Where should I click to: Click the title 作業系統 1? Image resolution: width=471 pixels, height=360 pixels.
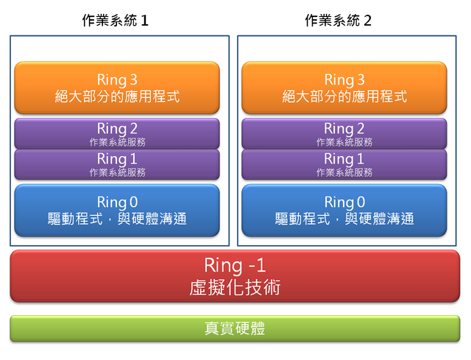coord(116,21)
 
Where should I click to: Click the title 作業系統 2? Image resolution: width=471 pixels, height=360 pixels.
coord(339,21)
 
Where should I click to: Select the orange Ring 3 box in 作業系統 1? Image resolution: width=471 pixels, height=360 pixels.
coord(117,88)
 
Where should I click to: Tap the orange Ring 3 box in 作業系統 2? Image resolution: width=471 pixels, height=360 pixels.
coord(344,88)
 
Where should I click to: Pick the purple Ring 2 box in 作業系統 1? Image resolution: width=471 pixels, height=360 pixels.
coord(117,134)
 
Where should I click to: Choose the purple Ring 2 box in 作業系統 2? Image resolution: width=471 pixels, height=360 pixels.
coord(344,134)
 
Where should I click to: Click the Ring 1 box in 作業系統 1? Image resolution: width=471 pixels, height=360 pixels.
coord(117,164)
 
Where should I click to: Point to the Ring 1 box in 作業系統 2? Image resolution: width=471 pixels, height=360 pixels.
coord(344,164)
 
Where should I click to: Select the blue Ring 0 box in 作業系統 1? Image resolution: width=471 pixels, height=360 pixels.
coord(117,211)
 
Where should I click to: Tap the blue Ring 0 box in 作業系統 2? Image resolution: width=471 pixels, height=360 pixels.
coord(344,211)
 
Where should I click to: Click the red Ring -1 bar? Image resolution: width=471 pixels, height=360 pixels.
coord(235,276)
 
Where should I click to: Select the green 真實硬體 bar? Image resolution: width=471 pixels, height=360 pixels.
coord(235,328)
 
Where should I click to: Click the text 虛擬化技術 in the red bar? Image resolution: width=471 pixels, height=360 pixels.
coord(235,287)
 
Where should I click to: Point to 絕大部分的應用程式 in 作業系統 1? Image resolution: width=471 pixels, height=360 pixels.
coord(117,96)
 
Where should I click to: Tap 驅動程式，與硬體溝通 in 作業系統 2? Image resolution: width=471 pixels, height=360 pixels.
coord(344,219)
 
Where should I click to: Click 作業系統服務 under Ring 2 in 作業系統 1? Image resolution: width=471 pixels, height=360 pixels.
coord(118,142)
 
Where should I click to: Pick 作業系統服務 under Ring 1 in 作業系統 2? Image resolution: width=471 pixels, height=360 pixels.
coord(344,172)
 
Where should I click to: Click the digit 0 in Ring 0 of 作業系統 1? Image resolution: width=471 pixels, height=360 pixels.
coord(134,202)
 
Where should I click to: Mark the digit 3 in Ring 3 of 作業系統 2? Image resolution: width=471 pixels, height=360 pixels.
coord(361,80)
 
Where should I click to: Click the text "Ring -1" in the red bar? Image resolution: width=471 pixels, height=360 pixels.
coord(235,265)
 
